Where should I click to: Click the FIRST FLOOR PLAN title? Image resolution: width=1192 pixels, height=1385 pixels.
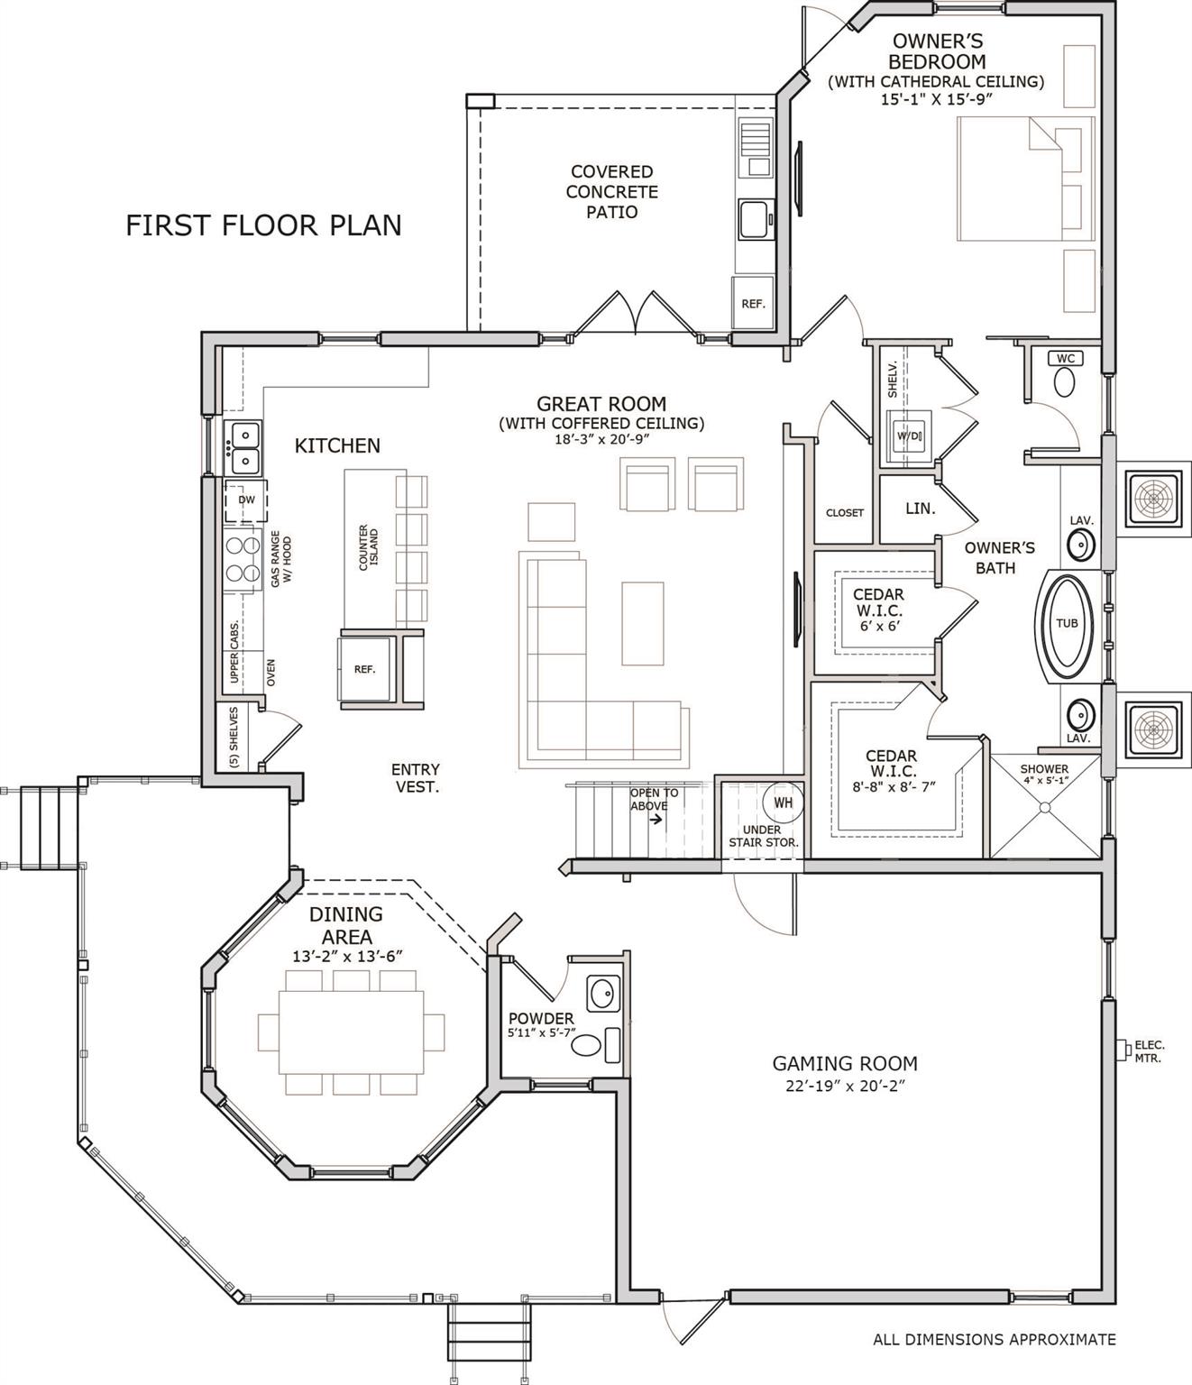click(263, 225)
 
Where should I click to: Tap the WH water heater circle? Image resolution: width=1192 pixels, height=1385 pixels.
click(782, 801)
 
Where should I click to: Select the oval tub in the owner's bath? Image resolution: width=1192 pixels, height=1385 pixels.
click(1067, 623)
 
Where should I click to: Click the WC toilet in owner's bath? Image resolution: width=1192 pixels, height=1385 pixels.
click(1065, 381)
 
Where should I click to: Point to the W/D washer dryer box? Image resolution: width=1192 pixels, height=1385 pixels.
click(908, 436)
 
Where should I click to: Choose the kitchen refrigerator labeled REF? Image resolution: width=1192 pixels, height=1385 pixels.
click(364, 669)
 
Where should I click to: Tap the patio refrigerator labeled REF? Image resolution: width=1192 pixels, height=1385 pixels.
click(752, 304)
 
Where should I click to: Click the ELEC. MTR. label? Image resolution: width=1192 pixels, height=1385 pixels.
click(1149, 1051)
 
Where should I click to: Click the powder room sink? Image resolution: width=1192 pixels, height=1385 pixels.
click(602, 995)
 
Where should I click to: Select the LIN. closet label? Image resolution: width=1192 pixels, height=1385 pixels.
click(920, 509)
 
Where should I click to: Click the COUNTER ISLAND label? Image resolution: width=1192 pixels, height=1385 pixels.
click(369, 547)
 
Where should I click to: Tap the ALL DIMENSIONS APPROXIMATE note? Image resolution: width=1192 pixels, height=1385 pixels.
click(994, 1339)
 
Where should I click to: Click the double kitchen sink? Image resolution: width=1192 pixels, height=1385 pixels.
click(243, 448)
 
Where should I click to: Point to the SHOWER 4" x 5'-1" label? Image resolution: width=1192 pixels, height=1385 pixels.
click(1044, 775)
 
